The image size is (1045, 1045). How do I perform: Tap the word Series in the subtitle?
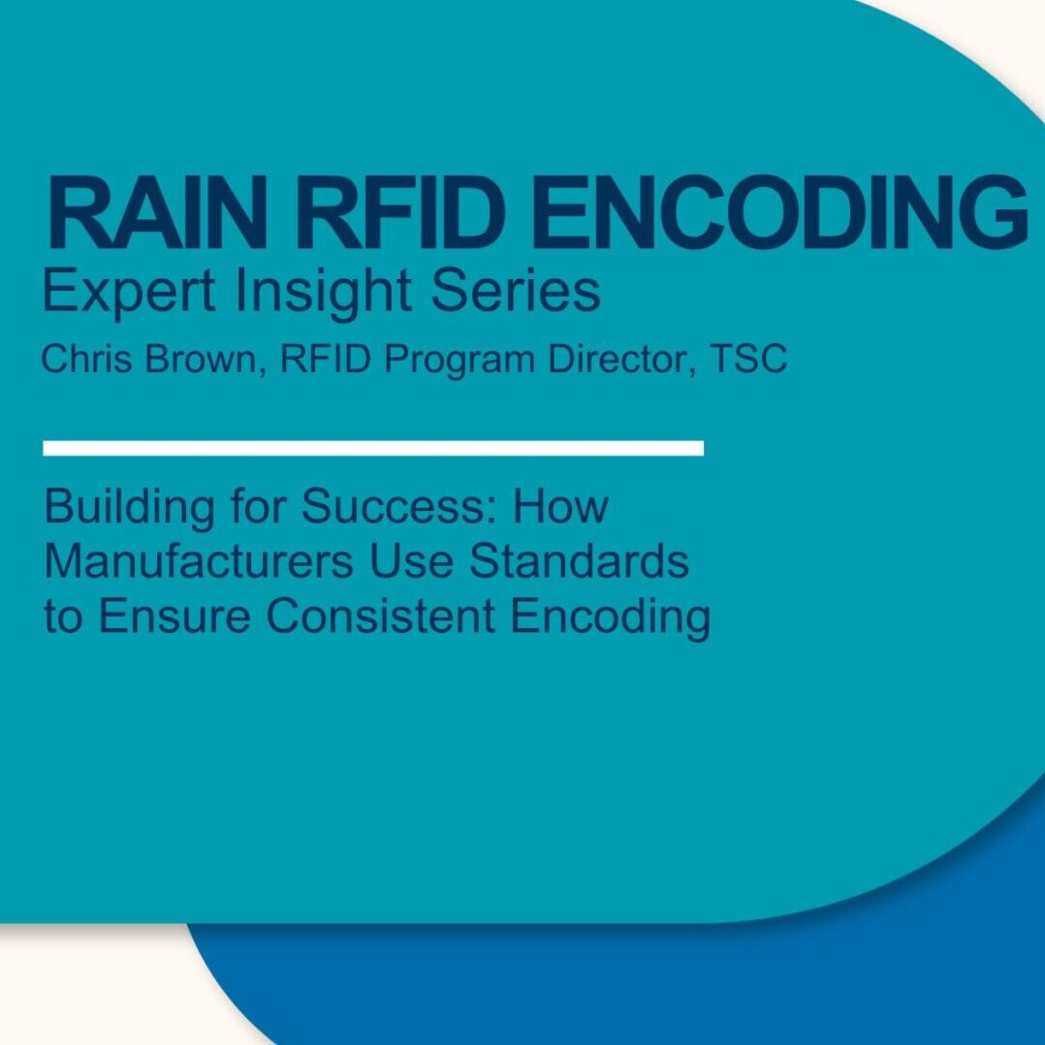click(516, 291)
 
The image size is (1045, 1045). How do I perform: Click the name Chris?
click(86, 359)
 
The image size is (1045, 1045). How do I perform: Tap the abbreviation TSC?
click(748, 359)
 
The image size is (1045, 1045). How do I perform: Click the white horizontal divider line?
click(373, 448)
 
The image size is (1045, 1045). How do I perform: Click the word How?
click(560, 506)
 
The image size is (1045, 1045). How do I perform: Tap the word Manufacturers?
click(199, 561)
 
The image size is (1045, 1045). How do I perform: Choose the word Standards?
click(579, 561)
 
